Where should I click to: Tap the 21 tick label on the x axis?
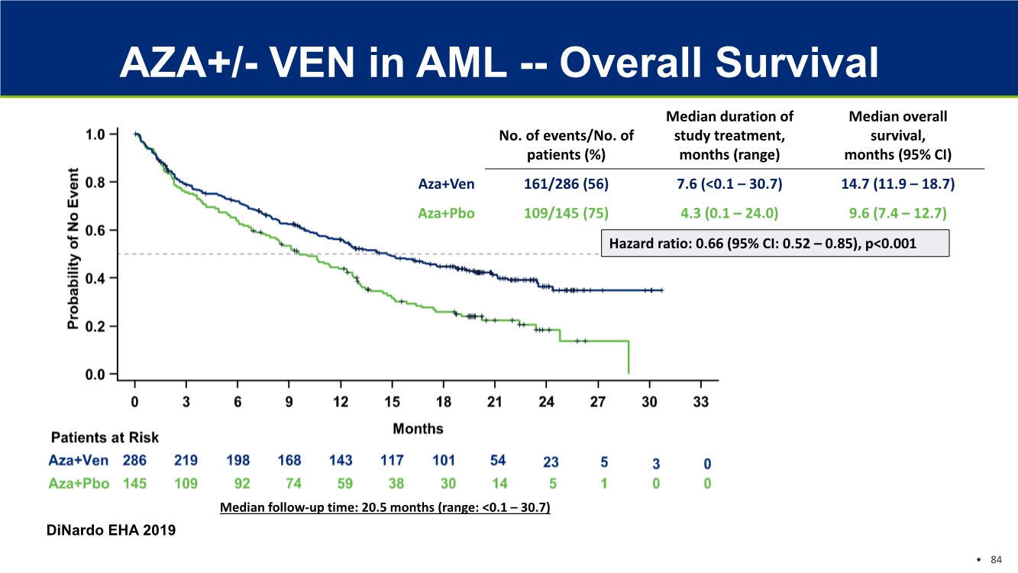[494, 403]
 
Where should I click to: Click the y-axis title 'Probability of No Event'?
[74, 248]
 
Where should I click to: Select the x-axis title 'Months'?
[418, 429]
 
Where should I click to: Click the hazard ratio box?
[775, 243]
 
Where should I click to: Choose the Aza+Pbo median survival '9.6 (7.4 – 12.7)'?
[897, 213]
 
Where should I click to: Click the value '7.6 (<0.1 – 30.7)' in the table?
[729, 184]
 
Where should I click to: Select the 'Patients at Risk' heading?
[105, 438]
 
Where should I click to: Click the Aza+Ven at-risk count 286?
[135, 461]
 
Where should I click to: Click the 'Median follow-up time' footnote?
[385, 507]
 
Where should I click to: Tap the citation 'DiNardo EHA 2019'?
[112, 529]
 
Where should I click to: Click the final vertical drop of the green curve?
[628, 357]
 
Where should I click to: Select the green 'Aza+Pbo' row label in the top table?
[446, 213]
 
